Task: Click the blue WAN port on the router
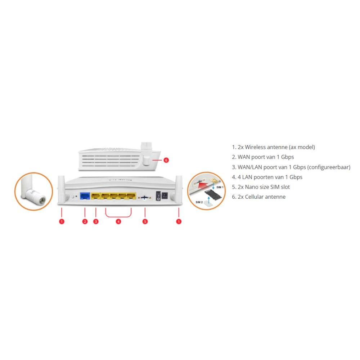click(85, 196)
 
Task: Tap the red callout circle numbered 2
click(85, 221)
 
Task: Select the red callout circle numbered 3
click(96, 221)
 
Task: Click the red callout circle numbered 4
click(118, 221)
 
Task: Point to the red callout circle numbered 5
click(145, 221)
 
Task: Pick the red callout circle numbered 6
click(166, 160)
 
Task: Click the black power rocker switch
click(158, 196)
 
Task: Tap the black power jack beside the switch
click(165, 195)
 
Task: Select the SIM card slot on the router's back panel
click(145, 197)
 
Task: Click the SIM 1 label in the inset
click(220, 187)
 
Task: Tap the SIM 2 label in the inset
click(199, 202)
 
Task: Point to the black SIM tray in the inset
click(213, 195)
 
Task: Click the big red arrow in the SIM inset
click(202, 184)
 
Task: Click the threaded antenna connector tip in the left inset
click(41, 201)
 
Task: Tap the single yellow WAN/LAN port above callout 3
click(95, 196)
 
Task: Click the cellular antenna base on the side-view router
click(147, 160)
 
